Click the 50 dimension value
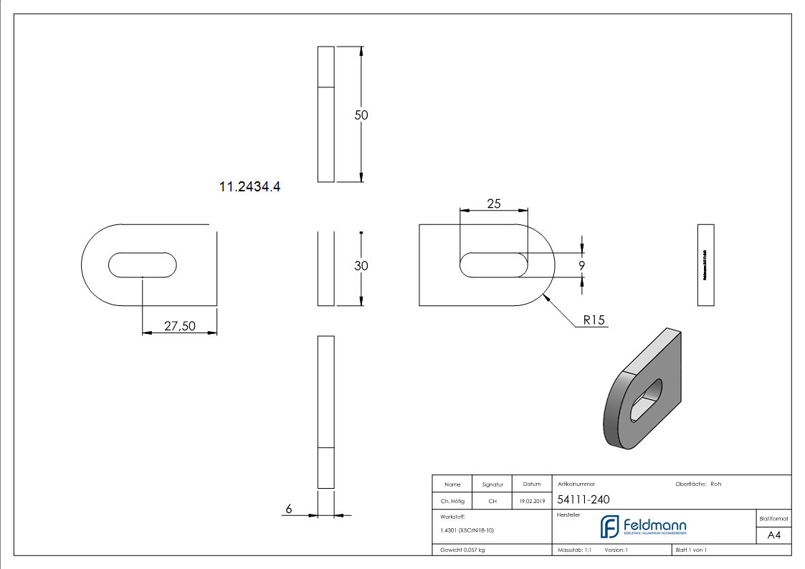click(361, 115)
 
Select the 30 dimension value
click(361, 266)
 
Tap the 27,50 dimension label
click(179, 326)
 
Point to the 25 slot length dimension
click(494, 204)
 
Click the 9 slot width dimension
click(582, 266)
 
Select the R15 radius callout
click(594, 320)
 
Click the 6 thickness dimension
click(289, 509)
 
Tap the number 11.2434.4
click(249, 187)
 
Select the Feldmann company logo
click(643, 527)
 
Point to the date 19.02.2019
click(531, 502)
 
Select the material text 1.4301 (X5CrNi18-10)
click(467, 530)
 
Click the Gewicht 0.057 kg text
click(462, 550)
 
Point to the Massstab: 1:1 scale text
click(574, 550)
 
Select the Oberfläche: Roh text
click(698, 484)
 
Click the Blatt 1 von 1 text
click(691, 550)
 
